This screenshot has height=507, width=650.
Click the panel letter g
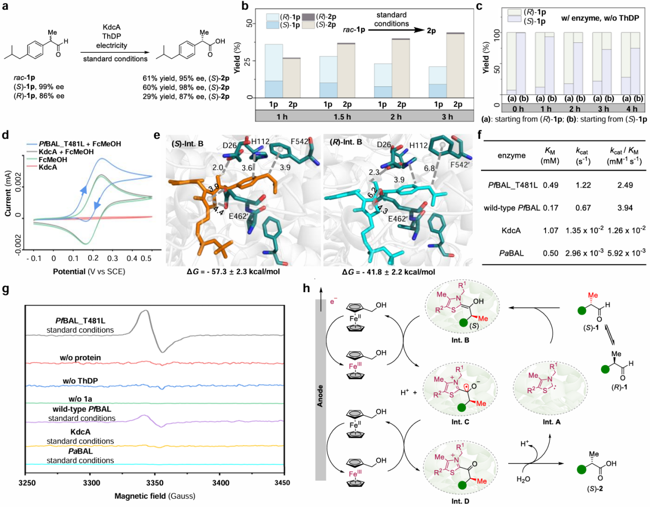(x=6, y=289)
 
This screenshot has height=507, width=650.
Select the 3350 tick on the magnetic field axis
(x=155, y=483)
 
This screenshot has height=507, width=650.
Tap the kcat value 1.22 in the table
(x=583, y=185)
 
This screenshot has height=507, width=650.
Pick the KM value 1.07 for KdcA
(x=551, y=230)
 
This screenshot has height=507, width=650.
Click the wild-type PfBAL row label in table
(x=511, y=208)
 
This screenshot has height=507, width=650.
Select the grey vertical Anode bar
(x=321, y=390)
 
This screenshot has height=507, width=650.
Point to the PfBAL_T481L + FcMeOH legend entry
(x=79, y=144)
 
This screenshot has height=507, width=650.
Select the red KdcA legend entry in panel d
(x=48, y=168)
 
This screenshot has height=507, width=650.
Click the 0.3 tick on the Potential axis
(x=113, y=258)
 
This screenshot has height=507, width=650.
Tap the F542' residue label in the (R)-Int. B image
(x=460, y=165)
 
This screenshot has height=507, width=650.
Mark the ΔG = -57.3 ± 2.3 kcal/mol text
(x=233, y=272)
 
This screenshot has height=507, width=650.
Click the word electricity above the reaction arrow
(x=112, y=45)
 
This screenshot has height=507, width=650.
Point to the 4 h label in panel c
(x=632, y=109)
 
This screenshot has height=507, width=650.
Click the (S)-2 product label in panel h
(x=594, y=489)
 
